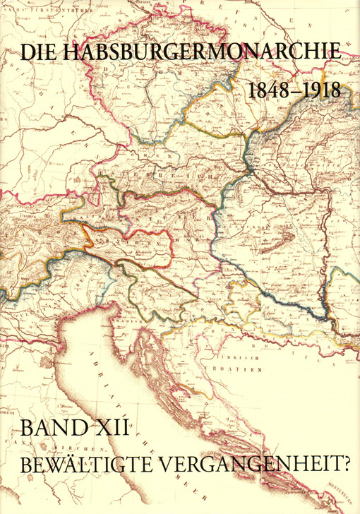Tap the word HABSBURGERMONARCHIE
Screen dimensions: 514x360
(201, 52)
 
